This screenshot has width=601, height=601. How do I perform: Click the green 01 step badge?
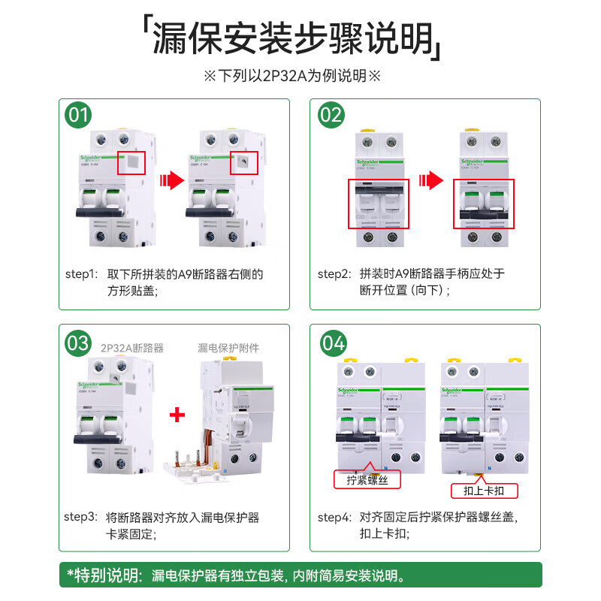[x=79, y=116]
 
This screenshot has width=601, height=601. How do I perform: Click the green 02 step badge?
[x=331, y=116]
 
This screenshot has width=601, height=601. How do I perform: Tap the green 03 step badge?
[x=79, y=343]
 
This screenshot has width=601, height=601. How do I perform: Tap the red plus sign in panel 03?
[x=177, y=415]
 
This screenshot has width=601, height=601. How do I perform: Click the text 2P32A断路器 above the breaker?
[x=132, y=348]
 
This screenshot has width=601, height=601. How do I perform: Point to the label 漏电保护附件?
[x=228, y=348]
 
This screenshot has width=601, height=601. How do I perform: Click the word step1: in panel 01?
[x=81, y=274]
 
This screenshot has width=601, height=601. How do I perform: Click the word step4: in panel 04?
[x=334, y=517]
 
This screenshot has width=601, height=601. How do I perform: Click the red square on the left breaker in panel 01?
[x=131, y=162]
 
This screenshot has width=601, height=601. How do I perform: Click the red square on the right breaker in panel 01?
[x=244, y=162]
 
